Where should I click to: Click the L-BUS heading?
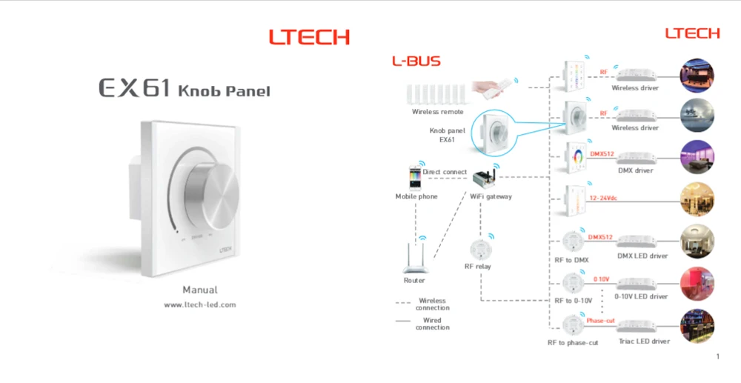[x=416, y=61]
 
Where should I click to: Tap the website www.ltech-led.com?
[x=200, y=304]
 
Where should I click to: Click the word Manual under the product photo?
[x=200, y=290]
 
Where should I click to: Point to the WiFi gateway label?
[x=491, y=196]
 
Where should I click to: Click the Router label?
[x=414, y=281]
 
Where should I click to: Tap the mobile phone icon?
[x=416, y=178]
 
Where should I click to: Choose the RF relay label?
[x=477, y=266]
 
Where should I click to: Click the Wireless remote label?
[x=437, y=112]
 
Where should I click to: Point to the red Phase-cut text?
[x=600, y=321]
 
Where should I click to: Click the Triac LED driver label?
[x=643, y=342]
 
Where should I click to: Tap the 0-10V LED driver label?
[x=641, y=296]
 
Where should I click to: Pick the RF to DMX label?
[x=571, y=260]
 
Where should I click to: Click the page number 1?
[x=718, y=357]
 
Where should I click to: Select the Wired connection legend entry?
[x=433, y=324]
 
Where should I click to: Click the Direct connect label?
[x=445, y=172]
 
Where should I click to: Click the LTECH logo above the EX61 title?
[x=309, y=37]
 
